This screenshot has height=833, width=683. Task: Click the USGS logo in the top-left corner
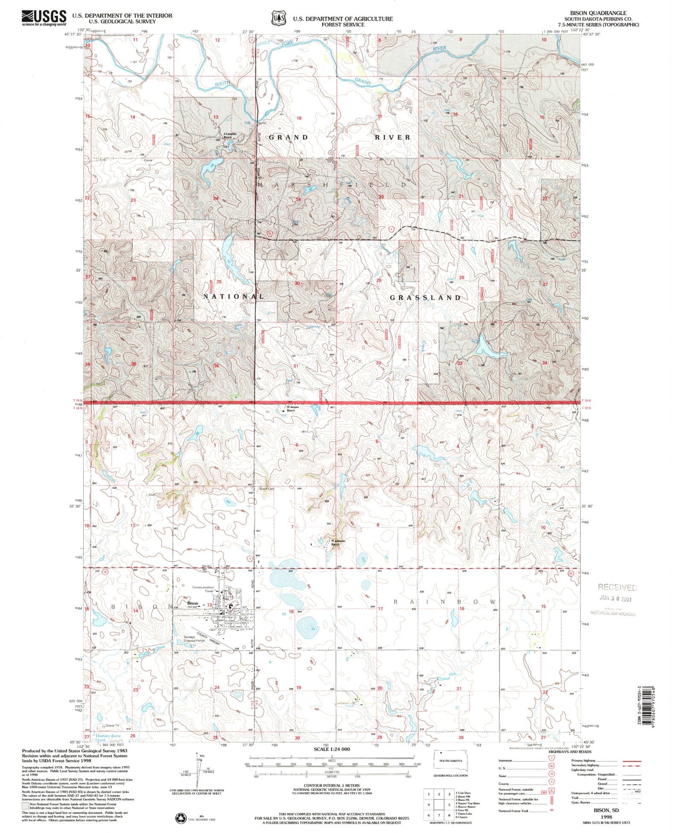[x=43, y=18]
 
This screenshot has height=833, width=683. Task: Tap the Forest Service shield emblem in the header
[x=278, y=18]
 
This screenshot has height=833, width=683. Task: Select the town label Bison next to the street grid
[x=192, y=603]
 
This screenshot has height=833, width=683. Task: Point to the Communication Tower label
[x=203, y=589]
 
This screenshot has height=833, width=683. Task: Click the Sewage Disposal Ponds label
[x=194, y=639]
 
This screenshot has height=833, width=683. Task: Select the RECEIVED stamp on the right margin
[x=617, y=587]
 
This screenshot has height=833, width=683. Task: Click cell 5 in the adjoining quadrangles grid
[x=450, y=804]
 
